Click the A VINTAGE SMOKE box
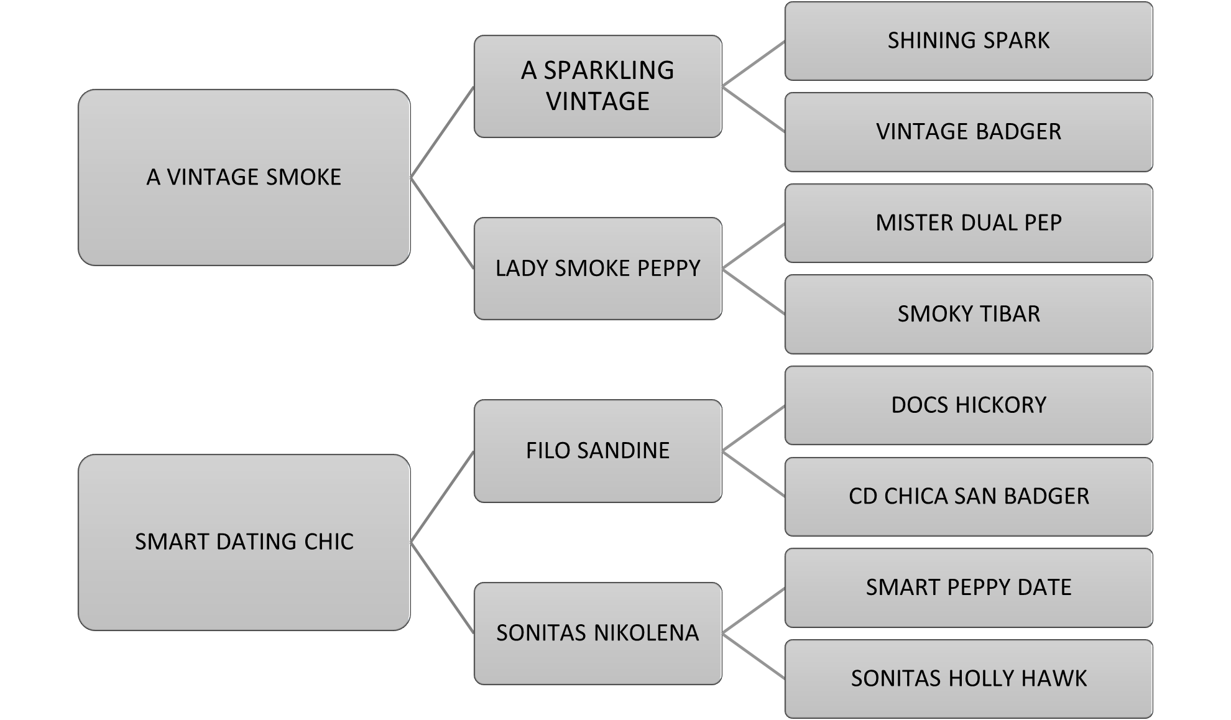coord(244,177)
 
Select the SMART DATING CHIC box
coord(244,542)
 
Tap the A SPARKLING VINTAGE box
coord(597,86)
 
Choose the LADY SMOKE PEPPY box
coord(597,268)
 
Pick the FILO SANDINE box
coord(597,450)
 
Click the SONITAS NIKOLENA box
coord(597,632)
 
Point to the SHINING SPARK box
coord(968,41)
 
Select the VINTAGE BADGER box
coord(968,132)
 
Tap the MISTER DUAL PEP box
coord(968,223)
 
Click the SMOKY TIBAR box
coord(968,314)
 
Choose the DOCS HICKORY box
coord(968,405)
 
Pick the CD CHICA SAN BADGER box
coord(968,496)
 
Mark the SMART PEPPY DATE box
coord(968,587)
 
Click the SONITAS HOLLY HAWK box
coord(968,678)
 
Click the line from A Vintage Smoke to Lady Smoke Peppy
coord(442,223)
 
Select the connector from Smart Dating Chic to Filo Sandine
coord(442,496)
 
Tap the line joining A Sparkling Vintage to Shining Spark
coord(753,63)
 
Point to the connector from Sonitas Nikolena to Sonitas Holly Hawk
coord(753,655)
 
